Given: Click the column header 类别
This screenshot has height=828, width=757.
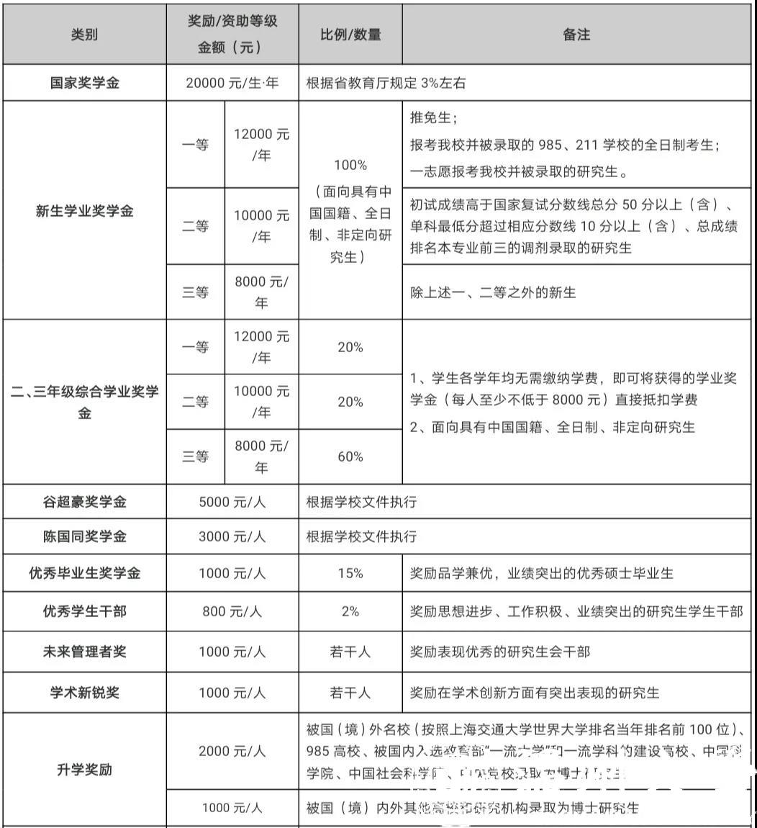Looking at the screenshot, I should (x=84, y=35).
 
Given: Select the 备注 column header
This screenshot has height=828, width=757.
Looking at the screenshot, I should (x=576, y=35).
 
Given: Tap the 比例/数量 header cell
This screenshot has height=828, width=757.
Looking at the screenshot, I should (x=350, y=35).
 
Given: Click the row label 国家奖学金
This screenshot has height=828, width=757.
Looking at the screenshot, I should (x=84, y=83).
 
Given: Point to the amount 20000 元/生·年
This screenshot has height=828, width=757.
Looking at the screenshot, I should (x=232, y=83).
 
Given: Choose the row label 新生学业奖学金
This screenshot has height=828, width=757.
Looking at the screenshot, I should (x=84, y=211).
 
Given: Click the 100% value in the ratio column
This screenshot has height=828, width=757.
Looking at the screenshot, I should (x=350, y=165).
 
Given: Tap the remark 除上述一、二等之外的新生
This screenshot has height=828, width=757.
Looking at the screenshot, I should (x=493, y=292).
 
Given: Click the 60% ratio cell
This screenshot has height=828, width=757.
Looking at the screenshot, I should (x=350, y=456).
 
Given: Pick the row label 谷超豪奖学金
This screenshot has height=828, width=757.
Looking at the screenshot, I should (x=84, y=501).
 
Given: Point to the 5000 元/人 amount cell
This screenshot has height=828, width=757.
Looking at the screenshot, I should (x=232, y=501).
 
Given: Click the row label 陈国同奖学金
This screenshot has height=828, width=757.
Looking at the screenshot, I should (x=84, y=536).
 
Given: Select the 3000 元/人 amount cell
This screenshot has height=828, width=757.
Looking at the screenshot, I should (x=232, y=536).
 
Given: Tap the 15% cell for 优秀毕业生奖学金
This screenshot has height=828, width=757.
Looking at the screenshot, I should (x=350, y=573).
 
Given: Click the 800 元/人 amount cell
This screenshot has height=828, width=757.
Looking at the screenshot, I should (x=232, y=611).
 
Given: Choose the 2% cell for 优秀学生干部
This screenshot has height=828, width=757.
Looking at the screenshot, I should (x=350, y=611).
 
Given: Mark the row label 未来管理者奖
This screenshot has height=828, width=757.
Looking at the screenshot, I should (x=84, y=652).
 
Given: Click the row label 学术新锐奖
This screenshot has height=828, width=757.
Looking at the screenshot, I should (x=84, y=693).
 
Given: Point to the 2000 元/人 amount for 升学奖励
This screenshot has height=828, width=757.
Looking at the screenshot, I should (x=232, y=750).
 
